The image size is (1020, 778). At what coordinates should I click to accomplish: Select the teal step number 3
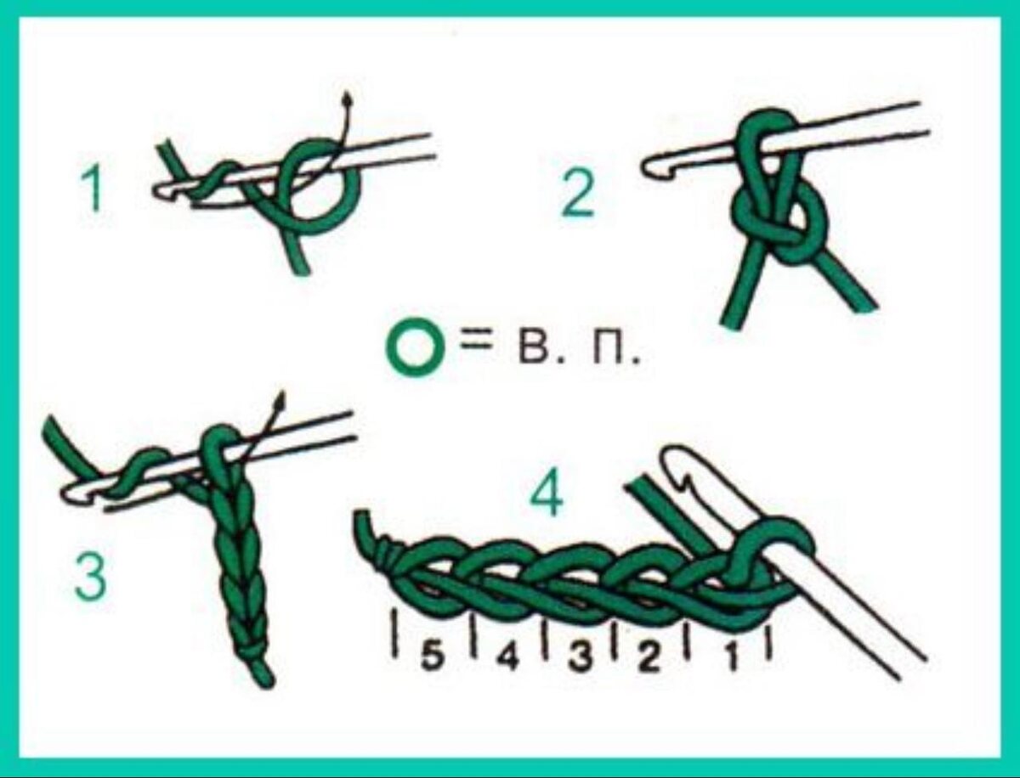click(x=91, y=580)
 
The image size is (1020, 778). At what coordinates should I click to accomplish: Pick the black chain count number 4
click(x=507, y=658)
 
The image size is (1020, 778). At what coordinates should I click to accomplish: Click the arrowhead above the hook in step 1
click(x=346, y=98)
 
